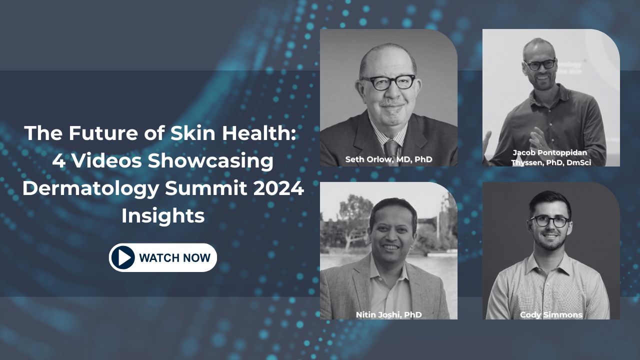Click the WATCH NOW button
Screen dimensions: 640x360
click(x=163, y=257)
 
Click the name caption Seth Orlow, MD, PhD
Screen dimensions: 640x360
click(x=388, y=159)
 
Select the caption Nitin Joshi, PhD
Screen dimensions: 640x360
click(x=388, y=314)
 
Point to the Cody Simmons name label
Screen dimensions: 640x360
click(x=551, y=314)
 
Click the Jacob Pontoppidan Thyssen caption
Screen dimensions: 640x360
click(x=551, y=157)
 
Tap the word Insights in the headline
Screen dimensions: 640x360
click(x=163, y=215)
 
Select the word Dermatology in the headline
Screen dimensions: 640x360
click(x=90, y=189)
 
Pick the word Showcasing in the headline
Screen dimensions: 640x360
click(x=210, y=161)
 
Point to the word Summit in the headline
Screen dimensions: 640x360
click(x=205, y=188)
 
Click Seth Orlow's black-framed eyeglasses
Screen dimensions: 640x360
click(x=389, y=82)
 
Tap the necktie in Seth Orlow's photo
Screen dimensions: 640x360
click(x=391, y=151)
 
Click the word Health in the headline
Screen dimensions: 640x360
click(x=258, y=133)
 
